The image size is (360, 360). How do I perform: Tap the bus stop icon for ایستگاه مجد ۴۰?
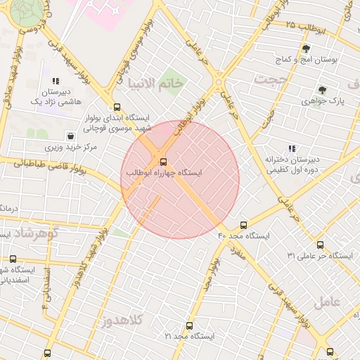(243, 225)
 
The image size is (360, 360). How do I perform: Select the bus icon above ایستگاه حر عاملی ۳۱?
(321, 245)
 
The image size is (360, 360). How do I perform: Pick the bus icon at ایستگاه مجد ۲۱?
(189, 326)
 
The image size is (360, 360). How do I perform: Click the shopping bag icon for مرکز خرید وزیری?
(70, 135)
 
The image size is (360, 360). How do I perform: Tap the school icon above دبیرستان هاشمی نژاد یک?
(56, 81)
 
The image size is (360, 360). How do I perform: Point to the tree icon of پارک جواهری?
(322, 90)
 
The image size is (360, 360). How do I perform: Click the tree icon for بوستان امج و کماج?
(306, 49)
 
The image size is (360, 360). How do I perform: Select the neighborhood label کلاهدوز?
(121, 321)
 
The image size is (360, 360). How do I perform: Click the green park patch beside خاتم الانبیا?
(169, 79)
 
